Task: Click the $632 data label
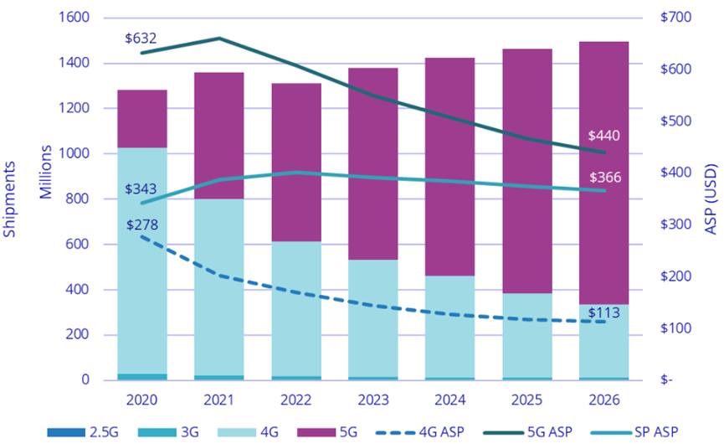(x=141, y=39)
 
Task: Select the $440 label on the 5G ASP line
(x=604, y=135)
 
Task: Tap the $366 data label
(x=604, y=178)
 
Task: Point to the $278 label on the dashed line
(x=142, y=225)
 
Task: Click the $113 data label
(x=604, y=313)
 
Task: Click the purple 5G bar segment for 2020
(x=141, y=119)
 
